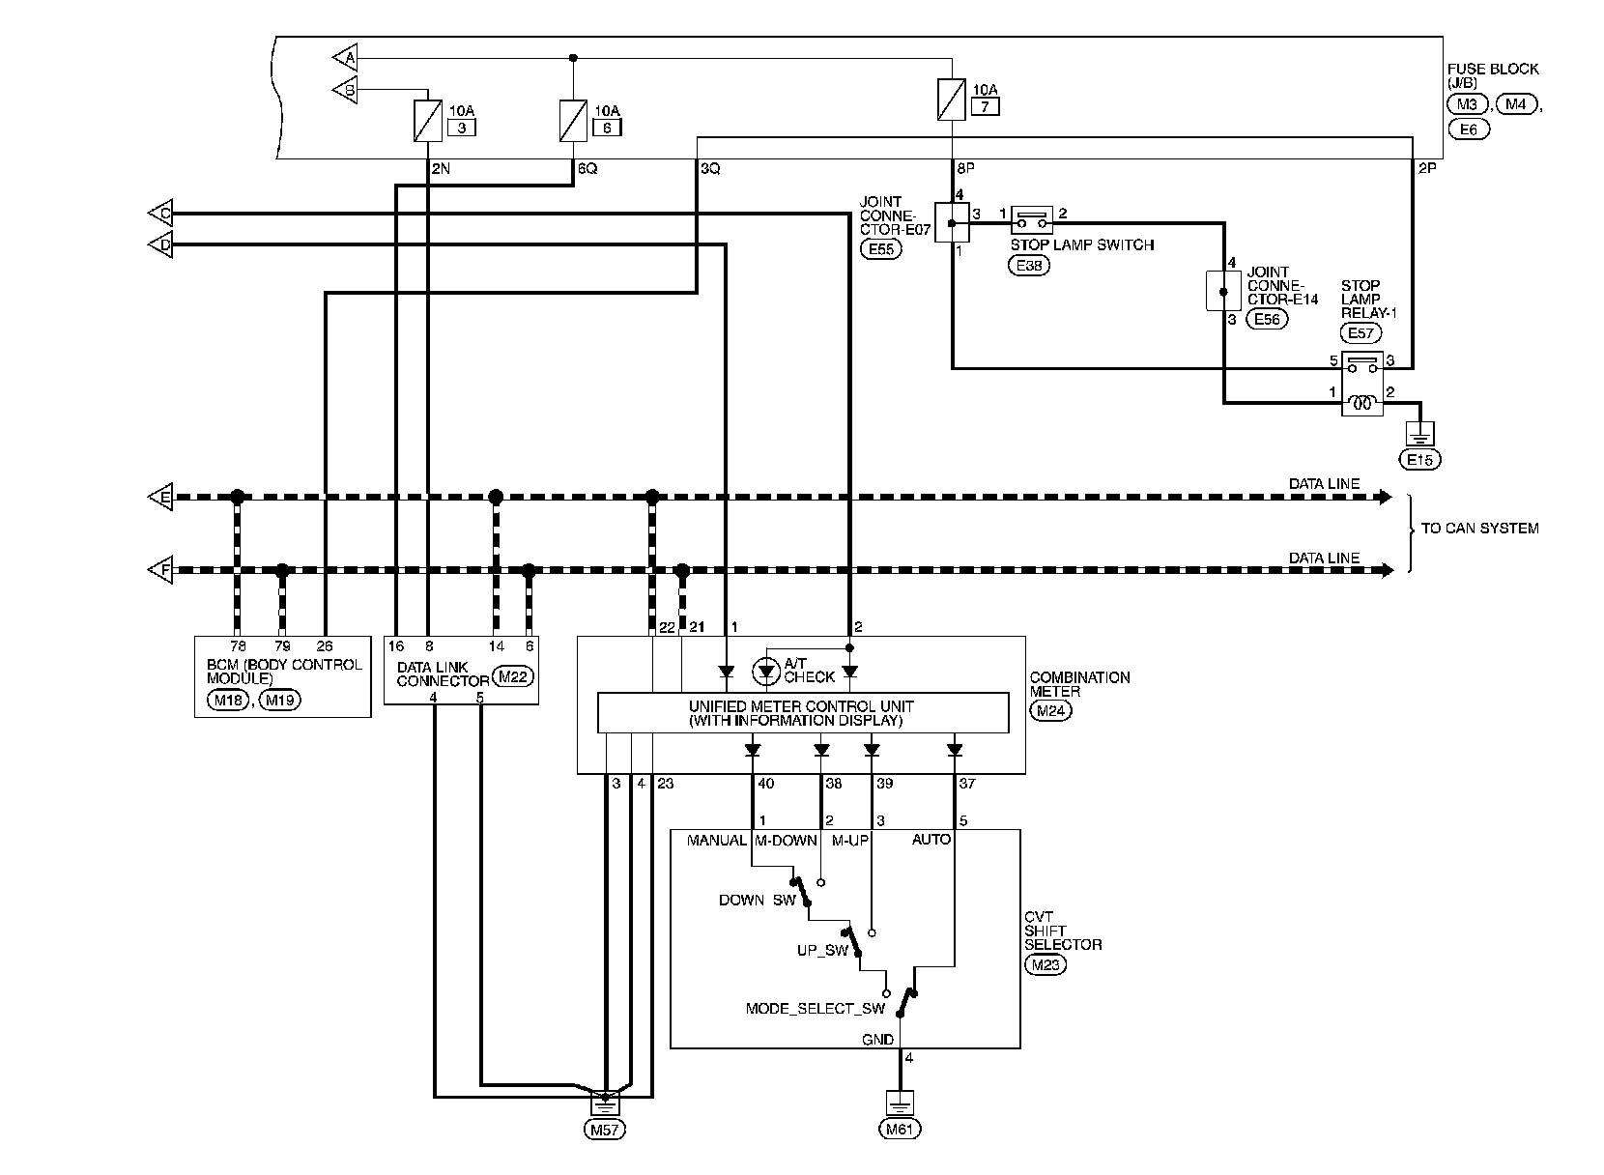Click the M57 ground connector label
(x=604, y=1129)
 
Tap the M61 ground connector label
(x=901, y=1129)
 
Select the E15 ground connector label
(x=1419, y=459)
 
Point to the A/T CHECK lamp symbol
(x=766, y=671)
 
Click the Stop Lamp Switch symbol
(x=1032, y=221)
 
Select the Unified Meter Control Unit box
(x=803, y=713)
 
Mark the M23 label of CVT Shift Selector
(x=1045, y=963)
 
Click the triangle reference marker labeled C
(x=159, y=214)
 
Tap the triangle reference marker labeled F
(x=159, y=570)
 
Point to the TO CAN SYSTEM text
(x=1479, y=529)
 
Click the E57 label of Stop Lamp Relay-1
(x=1361, y=333)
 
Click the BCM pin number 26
(x=325, y=645)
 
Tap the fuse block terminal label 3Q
(x=709, y=168)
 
